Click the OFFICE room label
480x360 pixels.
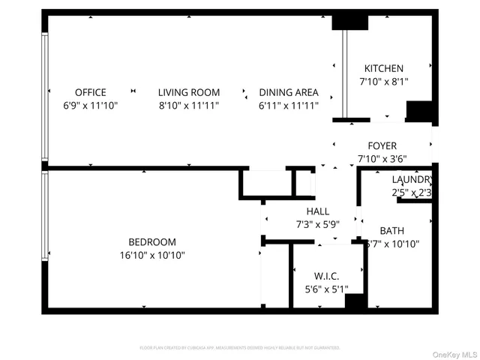90,92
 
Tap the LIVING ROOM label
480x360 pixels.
188,92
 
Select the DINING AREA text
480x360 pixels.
289,92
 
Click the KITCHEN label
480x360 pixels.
383,68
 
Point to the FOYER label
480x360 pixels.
382,145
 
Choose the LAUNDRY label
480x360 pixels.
412,180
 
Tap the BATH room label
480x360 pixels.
391,231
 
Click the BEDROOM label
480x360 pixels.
152,242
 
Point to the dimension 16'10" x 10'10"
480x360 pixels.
152,255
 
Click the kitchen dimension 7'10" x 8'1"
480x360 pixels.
383,81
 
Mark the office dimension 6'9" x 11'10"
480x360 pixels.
90,105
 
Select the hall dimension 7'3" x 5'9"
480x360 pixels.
317,224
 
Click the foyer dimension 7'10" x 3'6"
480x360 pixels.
382,158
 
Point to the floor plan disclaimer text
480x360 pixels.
240,348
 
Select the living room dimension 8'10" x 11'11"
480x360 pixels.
188,105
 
